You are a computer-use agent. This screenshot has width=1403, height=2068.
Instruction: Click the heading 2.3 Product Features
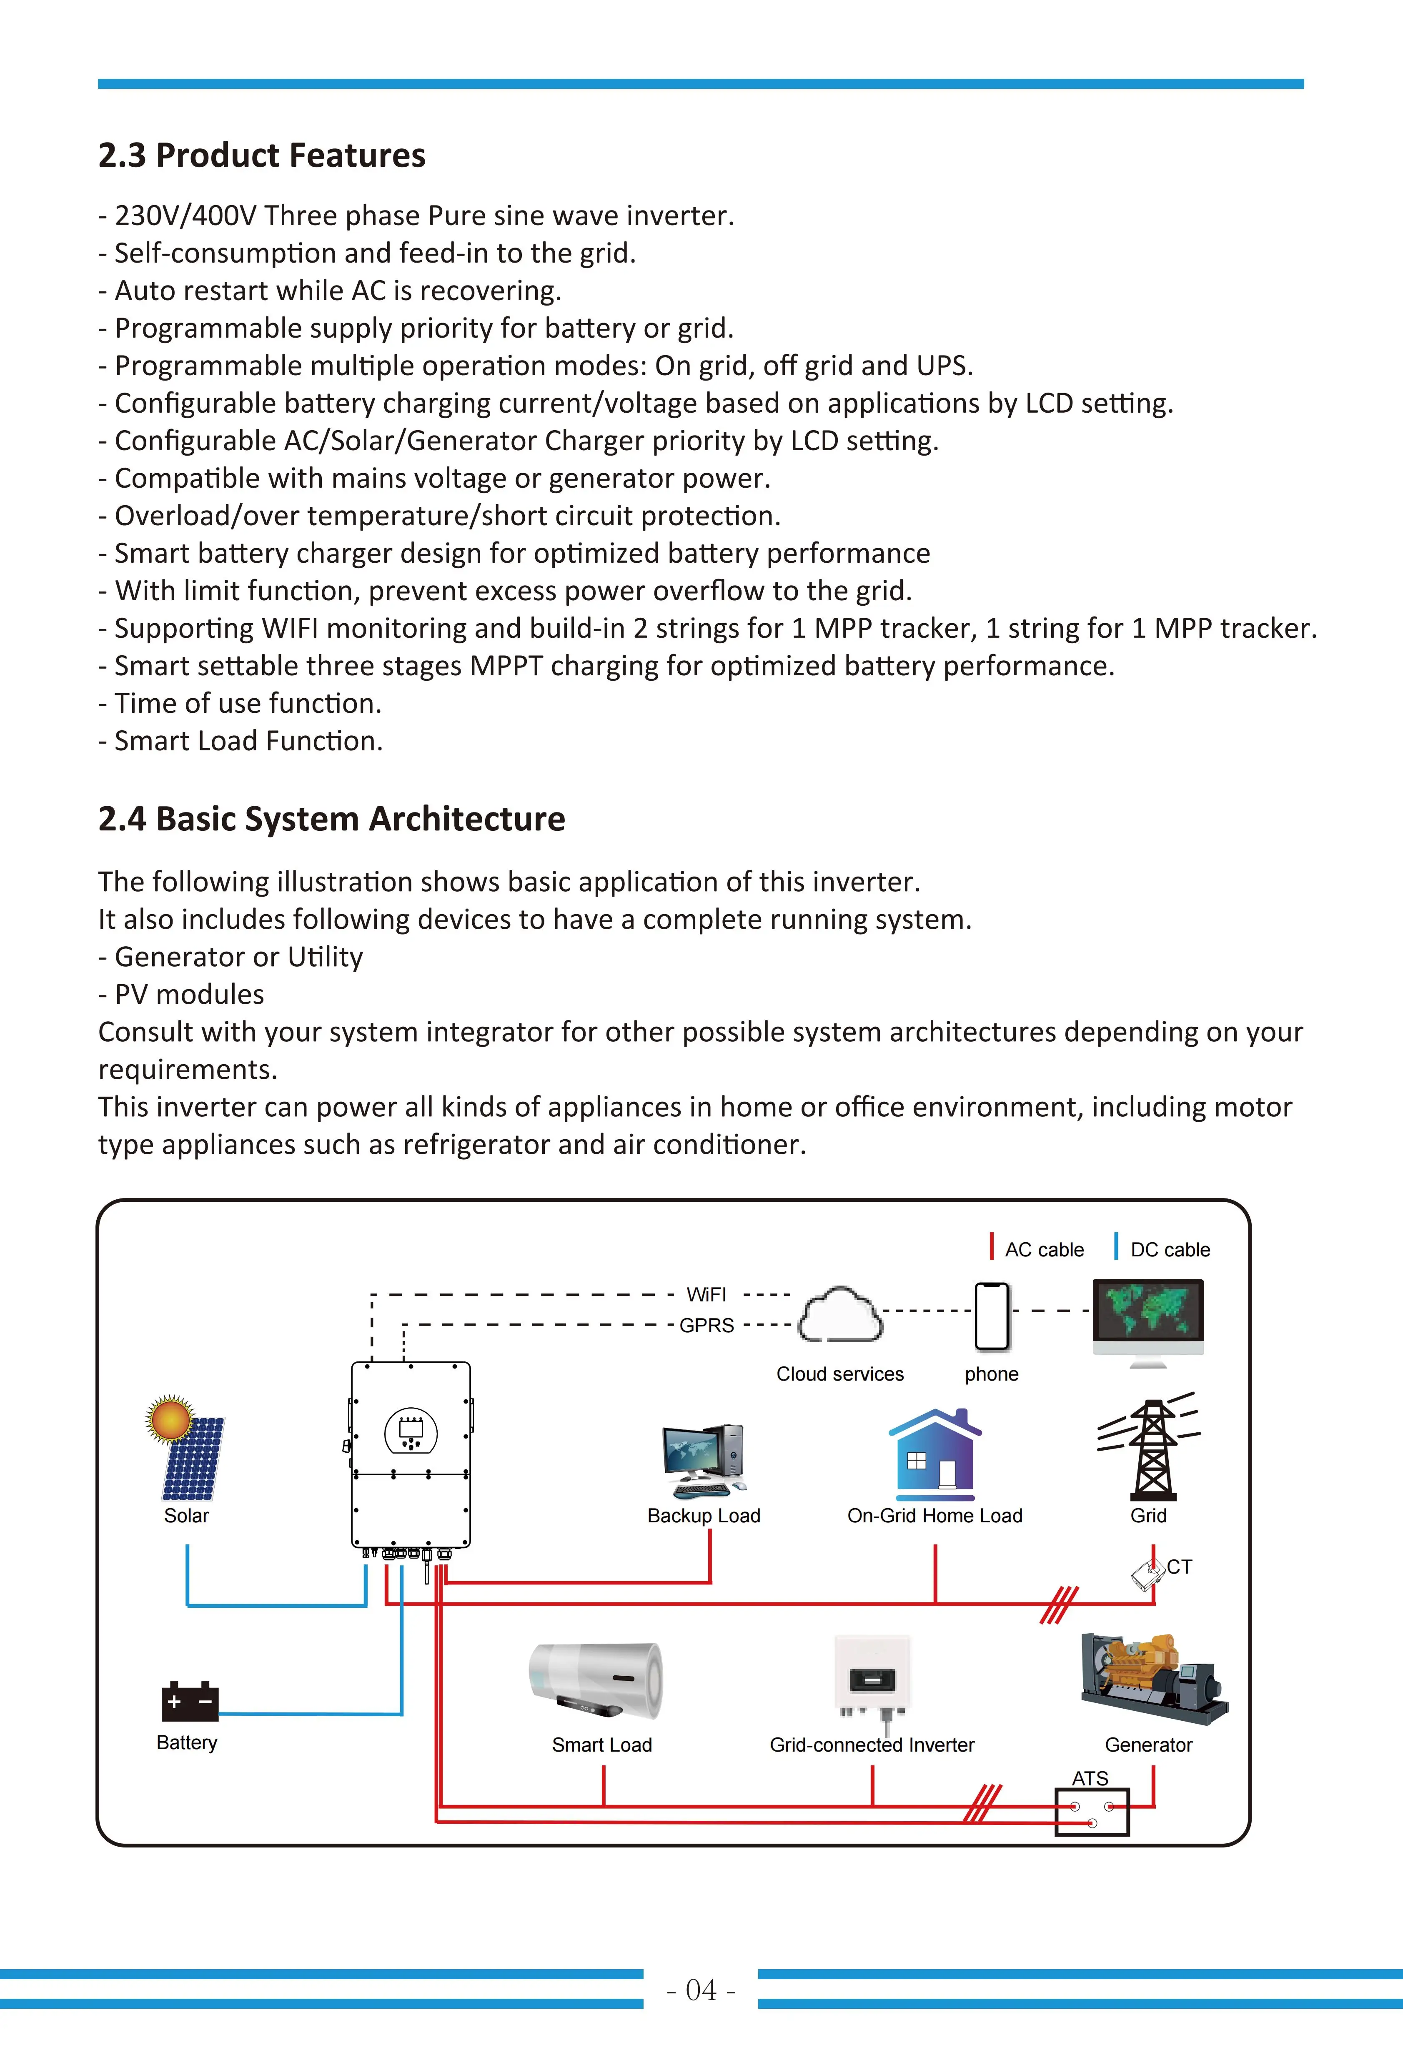click(262, 156)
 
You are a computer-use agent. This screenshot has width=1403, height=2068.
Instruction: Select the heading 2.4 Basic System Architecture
click(331, 819)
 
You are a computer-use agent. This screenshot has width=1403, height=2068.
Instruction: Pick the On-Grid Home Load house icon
click(934, 1451)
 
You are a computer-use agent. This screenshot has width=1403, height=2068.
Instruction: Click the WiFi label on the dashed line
click(707, 1295)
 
